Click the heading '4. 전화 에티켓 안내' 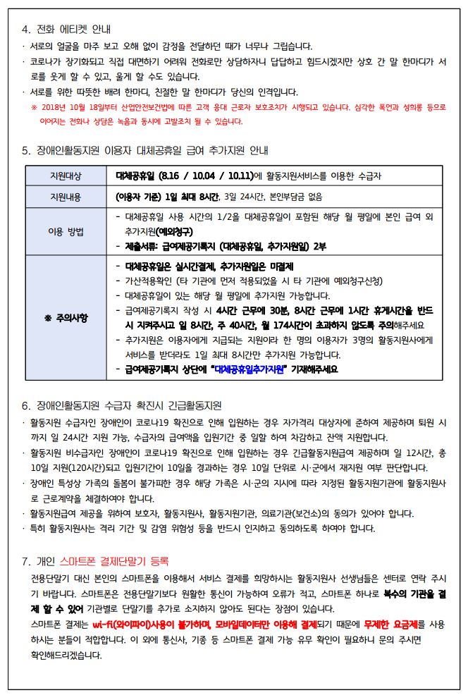tap(66, 29)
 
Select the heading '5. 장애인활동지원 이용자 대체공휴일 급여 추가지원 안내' tap(145, 150)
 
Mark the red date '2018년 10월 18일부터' tap(78, 108)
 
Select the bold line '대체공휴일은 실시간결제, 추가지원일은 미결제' tap(209, 266)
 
